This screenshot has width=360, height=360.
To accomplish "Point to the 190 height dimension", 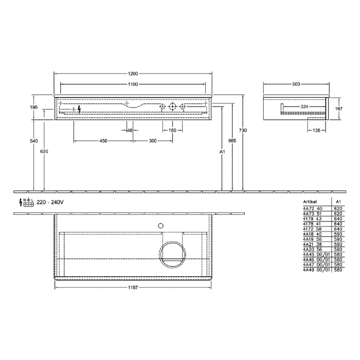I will [x=34, y=107].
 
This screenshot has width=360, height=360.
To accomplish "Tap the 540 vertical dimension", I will [x=34, y=140].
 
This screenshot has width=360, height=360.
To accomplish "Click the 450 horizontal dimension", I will [x=103, y=140].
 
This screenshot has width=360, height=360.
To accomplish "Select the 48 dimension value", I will [x=130, y=131].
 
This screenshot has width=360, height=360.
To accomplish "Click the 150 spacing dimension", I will [x=172, y=131].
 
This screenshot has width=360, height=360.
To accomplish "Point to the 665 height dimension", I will [x=232, y=140].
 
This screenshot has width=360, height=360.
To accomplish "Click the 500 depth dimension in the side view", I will [x=296, y=83].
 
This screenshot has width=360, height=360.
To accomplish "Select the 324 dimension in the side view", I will [x=304, y=106].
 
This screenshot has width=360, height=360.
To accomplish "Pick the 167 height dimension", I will [x=339, y=109].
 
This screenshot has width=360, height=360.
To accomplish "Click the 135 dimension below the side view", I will [x=316, y=131].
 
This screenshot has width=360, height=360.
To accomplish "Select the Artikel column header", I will [x=310, y=202].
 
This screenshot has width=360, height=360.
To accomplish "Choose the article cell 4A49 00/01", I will [x=314, y=269].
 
